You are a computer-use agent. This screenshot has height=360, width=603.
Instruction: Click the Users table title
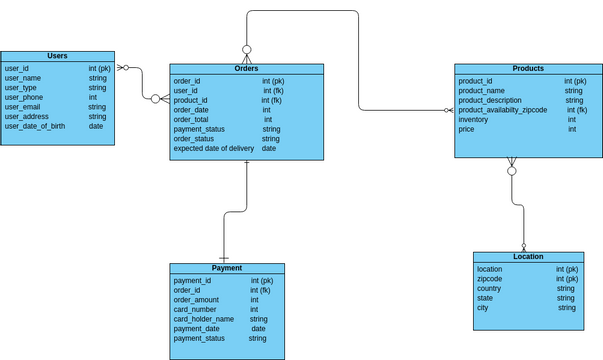pos(57,56)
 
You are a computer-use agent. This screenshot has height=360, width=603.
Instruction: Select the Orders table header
pos(246,69)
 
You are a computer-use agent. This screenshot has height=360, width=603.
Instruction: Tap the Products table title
pos(528,69)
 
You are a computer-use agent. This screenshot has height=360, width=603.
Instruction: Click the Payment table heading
pos(227,268)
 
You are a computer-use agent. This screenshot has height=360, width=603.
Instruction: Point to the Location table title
pos(528,257)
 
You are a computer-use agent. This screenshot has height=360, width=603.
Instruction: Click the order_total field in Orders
pos(191,120)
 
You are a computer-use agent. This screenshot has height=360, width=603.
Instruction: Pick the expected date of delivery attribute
pos(214,149)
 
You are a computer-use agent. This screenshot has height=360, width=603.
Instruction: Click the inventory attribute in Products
pos(473,120)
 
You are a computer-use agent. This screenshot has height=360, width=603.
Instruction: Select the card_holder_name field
pos(204,319)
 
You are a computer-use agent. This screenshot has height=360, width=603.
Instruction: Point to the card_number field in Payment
pos(195,310)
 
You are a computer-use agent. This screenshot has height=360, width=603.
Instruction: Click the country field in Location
pos(489,289)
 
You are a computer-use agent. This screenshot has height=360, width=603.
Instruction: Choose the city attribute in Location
pos(483,308)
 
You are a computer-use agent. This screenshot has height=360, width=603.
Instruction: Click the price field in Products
pos(466,130)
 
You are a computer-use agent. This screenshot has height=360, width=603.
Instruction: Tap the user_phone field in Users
pos(24,97)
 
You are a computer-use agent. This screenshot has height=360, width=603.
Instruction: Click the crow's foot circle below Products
pos(512,171)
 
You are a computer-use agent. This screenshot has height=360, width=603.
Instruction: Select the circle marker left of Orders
pos(156,99)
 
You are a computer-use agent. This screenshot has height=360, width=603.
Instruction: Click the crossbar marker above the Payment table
pos(223,258)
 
